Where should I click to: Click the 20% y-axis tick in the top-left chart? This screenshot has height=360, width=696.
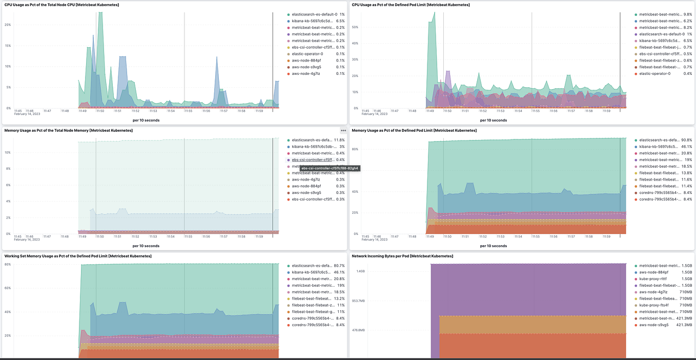(x=8, y=24)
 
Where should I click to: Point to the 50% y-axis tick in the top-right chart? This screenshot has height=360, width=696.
(x=355, y=27)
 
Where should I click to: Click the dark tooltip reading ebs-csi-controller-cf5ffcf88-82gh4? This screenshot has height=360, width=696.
(x=330, y=168)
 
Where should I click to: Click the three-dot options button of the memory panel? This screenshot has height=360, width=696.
(x=343, y=130)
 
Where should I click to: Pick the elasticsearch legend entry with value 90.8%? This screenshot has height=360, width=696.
(x=657, y=140)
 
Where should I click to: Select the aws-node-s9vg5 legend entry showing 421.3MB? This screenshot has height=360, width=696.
(x=652, y=325)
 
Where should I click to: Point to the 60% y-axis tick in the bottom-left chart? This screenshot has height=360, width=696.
(x=8, y=288)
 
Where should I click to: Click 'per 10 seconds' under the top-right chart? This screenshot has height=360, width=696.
(x=493, y=120)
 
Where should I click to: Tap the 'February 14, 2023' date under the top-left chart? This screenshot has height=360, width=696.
(x=27, y=114)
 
